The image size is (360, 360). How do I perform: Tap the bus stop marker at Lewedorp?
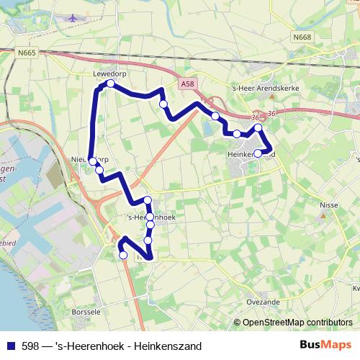coord(111,84)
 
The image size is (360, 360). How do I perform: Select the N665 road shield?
coord(27,53)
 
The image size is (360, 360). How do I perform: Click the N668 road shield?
coord(302,37)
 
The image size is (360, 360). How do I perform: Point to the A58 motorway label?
coord(188,84)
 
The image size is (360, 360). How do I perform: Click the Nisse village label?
coord(328,204)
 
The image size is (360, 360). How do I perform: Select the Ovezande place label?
coord(262,303)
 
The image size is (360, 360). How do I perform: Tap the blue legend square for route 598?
coord(11,346)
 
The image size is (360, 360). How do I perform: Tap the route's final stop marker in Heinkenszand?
coord(258,153)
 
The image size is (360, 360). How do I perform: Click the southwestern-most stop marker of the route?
coord(123,255)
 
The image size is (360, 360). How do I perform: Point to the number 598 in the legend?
coord(31,346)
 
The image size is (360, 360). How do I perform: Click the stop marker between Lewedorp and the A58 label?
coord(163,104)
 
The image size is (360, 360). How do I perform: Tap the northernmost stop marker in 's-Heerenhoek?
coord(147,200)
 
